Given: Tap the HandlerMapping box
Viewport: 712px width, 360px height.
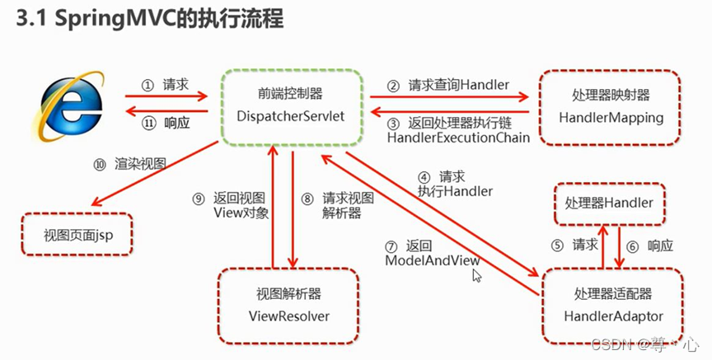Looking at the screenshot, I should pyautogui.click(x=610, y=107).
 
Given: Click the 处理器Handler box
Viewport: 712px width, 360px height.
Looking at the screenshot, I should pyautogui.click(x=608, y=203).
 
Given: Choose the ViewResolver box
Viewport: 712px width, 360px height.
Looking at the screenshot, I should pyautogui.click(x=288, y=305).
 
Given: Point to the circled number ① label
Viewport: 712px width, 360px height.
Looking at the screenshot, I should pyautogui.click(x=148, y=85).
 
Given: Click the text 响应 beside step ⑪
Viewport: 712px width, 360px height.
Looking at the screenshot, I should pyautogui.click(x=177, y=122).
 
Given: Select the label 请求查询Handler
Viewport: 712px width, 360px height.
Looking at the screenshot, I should pyautogui.click(x=457, y=85).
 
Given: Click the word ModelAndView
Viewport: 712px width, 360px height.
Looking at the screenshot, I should pyautogui.click(x=433, y=260).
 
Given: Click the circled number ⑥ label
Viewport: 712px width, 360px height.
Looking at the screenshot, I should pyautogui.click(x=633, y=245).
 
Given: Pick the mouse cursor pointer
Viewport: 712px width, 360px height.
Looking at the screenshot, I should pyautogui.click(x=476, y=275).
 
